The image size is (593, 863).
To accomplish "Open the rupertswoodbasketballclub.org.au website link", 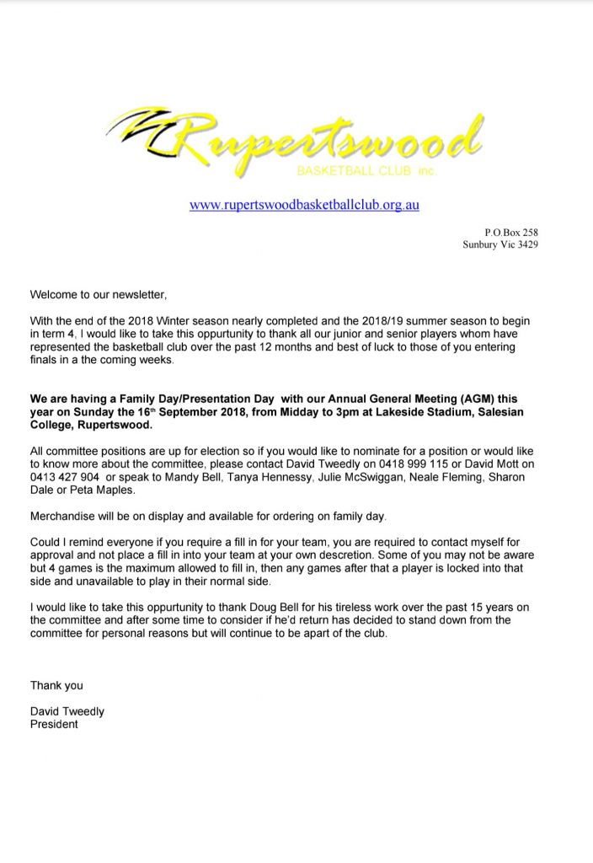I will pyautogui.click(x=305, y=204).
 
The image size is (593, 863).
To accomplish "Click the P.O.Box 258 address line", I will pyautogui.click(x=510, y=231).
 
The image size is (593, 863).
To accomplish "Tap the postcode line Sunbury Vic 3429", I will pyautogui.click(x=500, y=245).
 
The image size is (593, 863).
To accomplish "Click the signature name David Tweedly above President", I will pyautogui.click(x=67, y=711).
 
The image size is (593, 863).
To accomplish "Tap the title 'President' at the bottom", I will pyautogui.click(x=54, y=725).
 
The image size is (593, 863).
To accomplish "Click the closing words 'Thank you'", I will pyautogui.click(x=56, y=685).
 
